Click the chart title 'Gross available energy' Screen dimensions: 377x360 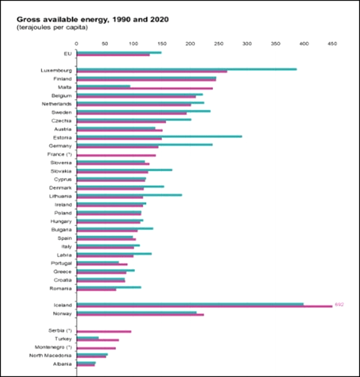[x=92, y=19]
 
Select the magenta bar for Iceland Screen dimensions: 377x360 [x=204, y=306]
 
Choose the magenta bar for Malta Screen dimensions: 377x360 [x=145, y=88]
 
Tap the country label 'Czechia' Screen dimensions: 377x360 [x=62, y=120]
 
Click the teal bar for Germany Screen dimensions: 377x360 [x=145, y=144]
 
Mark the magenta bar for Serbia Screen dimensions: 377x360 [x=104, y=331]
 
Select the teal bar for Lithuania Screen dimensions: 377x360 [x=129, y=194]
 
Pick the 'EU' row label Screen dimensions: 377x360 [x=68, y=53]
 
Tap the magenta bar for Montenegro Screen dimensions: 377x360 [x=96, y=348]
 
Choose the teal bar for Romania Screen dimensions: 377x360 [x=109, y=287]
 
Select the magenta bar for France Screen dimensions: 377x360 [x=116, y=155]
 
